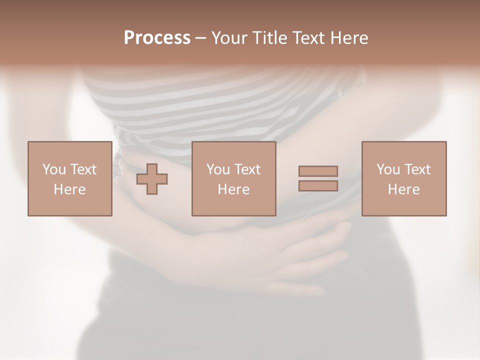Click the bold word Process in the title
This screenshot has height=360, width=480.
pyautogui.click(x=157, y=38)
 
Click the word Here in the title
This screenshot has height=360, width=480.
pyautogui.click(x=350, y=38)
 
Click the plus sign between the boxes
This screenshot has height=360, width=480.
pyautogui.click(x=152, y=179)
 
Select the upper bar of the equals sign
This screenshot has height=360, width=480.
pyautogui.click(x=318, y=171)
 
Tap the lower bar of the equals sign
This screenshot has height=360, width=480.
pyautogui.click(x=318, y=186)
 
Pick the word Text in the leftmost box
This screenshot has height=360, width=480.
pyautogui.click(x=83, y=169)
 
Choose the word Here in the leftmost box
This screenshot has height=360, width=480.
pyautogui.click(x=69, y=189)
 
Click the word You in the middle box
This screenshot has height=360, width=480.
pyautogui.click(x=218, y=169)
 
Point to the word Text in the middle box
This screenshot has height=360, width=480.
pyautogui.click(x=247, y=169)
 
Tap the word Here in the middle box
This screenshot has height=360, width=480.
pyautogui.click(x=233, y=189)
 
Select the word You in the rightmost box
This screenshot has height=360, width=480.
pyautogui.click(x=388, y=169)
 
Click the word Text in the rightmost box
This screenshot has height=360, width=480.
pyautogui.click(x=417, y=169)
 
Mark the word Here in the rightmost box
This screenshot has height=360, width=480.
pyautogui.click(x=403, y=189)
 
